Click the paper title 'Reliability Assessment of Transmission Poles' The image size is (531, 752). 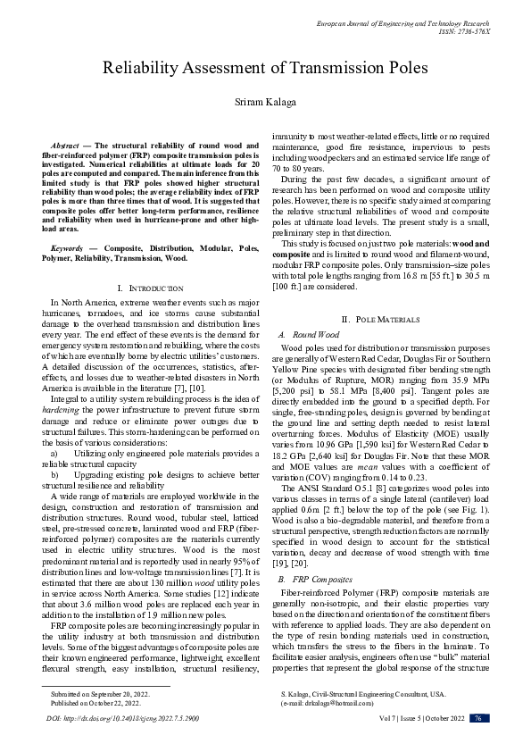coord(265,68)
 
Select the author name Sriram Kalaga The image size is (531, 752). coord(265,104)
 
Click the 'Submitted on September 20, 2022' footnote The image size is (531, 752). coord(99,692)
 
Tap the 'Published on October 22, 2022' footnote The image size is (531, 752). coord(95,702)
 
